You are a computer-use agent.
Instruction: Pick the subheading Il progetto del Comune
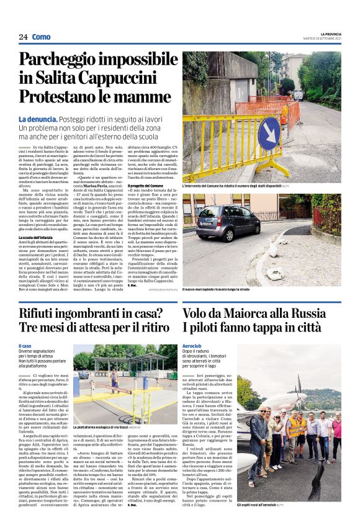(x=149, y=186)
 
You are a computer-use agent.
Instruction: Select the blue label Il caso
(x=25, y=346)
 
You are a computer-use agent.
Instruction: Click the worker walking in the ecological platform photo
(x=114, y=379)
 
